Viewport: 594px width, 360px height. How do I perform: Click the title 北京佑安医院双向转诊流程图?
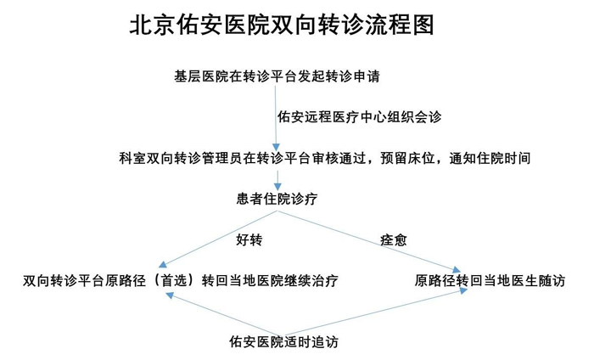281,25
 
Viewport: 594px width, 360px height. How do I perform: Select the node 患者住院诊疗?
277,198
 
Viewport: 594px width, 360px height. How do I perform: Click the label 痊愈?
393,239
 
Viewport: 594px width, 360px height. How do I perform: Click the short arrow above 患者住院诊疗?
277,178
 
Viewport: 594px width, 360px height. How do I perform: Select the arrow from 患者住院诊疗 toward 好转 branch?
216,239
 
